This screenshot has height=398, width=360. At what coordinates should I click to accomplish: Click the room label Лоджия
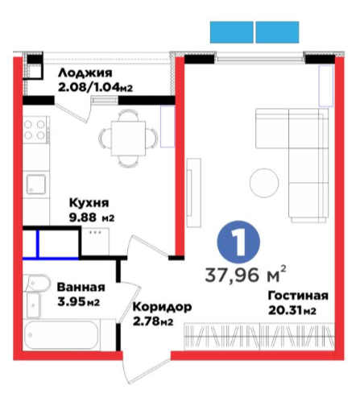85,73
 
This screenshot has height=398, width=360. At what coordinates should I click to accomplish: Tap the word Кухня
89,202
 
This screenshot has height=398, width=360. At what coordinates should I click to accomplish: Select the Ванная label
81,288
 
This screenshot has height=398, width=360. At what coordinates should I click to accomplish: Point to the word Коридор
163,307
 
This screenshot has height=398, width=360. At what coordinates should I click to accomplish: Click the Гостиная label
298,296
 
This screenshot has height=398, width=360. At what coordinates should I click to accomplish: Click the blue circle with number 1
238,242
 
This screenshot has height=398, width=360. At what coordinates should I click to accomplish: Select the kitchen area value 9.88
83,218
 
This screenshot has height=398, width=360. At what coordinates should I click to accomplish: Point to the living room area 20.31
285,311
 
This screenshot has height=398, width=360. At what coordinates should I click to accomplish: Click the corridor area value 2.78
147,321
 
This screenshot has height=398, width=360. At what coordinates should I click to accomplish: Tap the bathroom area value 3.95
71,302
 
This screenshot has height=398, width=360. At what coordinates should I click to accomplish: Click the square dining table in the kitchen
128,138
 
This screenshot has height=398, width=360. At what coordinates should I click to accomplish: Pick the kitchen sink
36,184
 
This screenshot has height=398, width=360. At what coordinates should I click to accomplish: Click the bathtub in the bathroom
61,334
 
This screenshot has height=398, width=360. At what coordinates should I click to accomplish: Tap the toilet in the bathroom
36,283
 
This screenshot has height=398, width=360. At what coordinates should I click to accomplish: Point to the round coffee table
264,183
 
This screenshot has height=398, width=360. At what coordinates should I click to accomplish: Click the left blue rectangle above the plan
231,32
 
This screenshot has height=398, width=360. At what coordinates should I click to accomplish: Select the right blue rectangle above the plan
277,32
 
